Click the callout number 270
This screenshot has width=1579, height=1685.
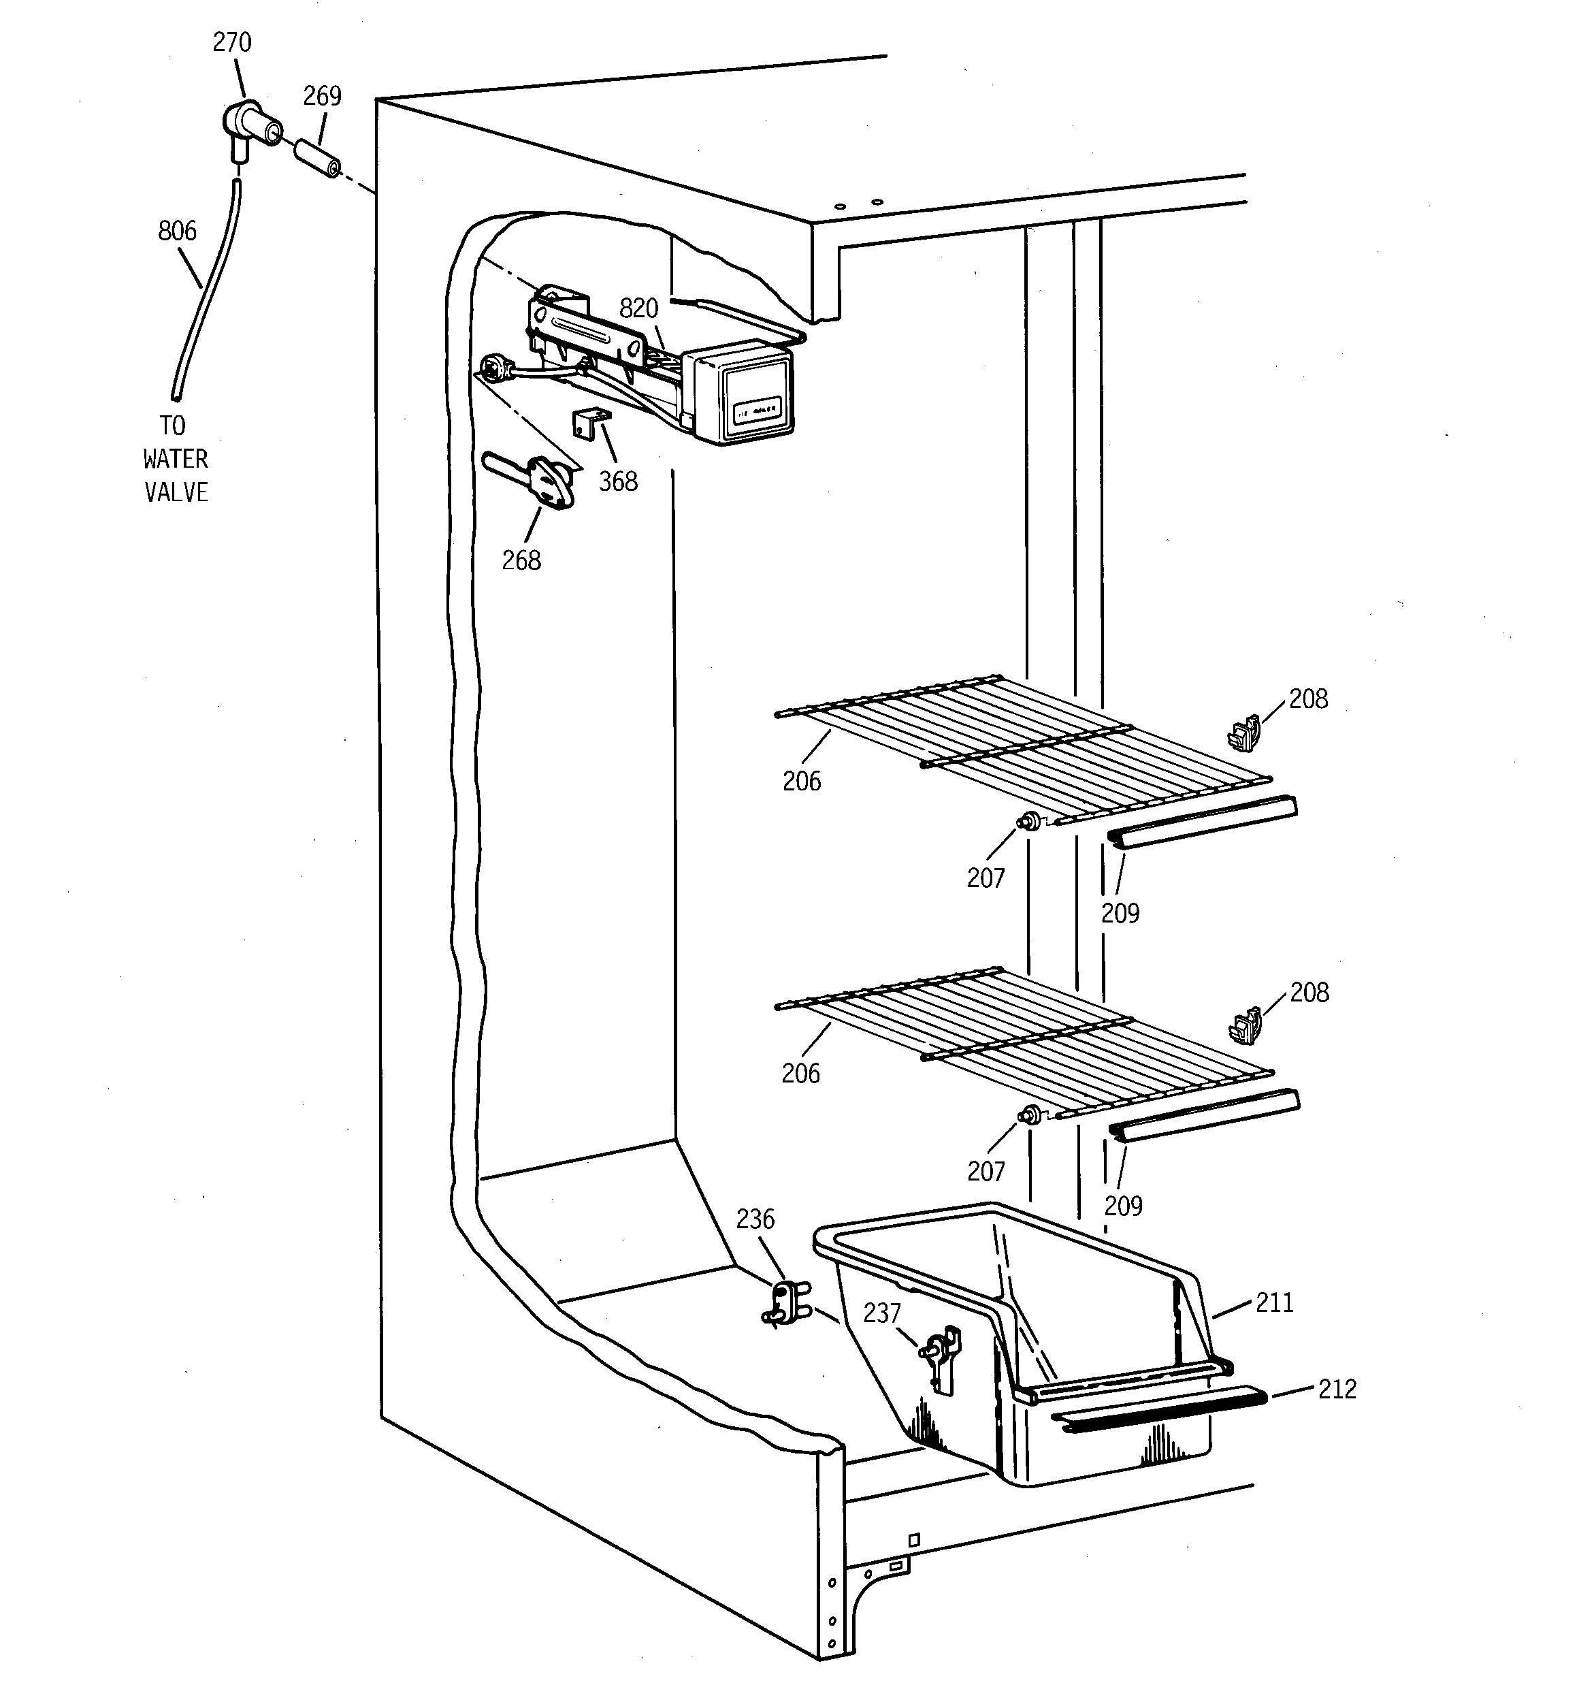click(x=231, y=42)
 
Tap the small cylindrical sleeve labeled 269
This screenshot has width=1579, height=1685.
click(x=317, y=159)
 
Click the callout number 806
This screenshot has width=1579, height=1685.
click(x=177, y=231)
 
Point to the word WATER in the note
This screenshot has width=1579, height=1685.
click(x=176, y=460)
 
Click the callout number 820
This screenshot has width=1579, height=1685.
click(x=638, y=308)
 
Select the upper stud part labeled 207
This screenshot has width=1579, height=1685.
click(x=1030, y=820)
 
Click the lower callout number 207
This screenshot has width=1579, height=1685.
click(x=986, y=1172)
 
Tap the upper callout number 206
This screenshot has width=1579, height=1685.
click(x=801, y=782)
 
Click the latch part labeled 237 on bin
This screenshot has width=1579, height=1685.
click(x=940, y=1356)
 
